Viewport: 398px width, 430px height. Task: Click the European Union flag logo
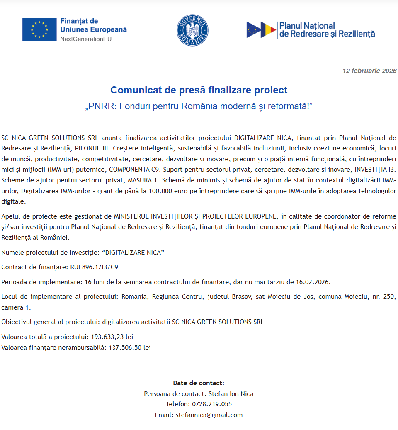pyautogui.click(x=39, y=29)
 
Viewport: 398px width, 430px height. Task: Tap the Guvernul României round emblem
pyautogui.click(x=192, y=30)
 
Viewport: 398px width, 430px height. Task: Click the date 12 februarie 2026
pyautogui.click(x=369, y=71)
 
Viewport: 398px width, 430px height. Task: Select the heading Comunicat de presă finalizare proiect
pyautogui.click(x=199, y=90)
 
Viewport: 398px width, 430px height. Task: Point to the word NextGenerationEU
pyautogui.click(x=86, y=39)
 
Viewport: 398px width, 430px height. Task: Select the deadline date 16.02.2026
pyautogui.click(x=313, y=282)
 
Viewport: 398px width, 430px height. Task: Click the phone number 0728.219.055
pyautogui.click(x=211, y=404)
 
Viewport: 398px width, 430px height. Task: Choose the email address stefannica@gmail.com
pyautogui.click(x=209, y=415)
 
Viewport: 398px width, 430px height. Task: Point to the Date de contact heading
pyautogui.click(x=199, y=383)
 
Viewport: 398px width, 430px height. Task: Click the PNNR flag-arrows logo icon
pyautogui.click(x=261, y=30)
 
